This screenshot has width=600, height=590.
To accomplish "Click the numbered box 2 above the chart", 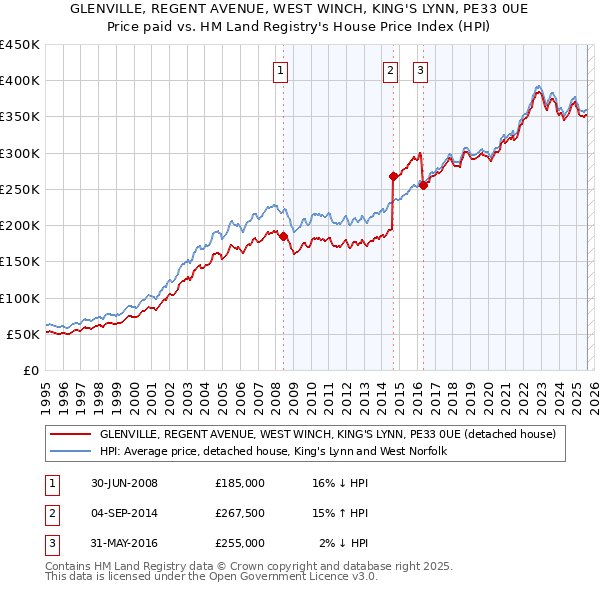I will click(x=390, y=70).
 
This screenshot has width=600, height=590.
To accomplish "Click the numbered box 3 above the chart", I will click(x=420, y=70).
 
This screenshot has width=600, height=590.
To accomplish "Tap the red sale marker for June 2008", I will click(x=283, y=237).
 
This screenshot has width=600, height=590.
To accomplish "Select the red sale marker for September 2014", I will click(x=393, y=177).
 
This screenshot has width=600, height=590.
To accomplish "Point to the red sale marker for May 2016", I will click(x=424, y=185).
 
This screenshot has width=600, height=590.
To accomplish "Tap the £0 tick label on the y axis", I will click(x=30, y=370).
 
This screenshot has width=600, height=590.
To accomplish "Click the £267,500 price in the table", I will click(x=240, y=513).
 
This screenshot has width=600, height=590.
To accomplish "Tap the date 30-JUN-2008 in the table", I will click(x=124, y=483).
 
